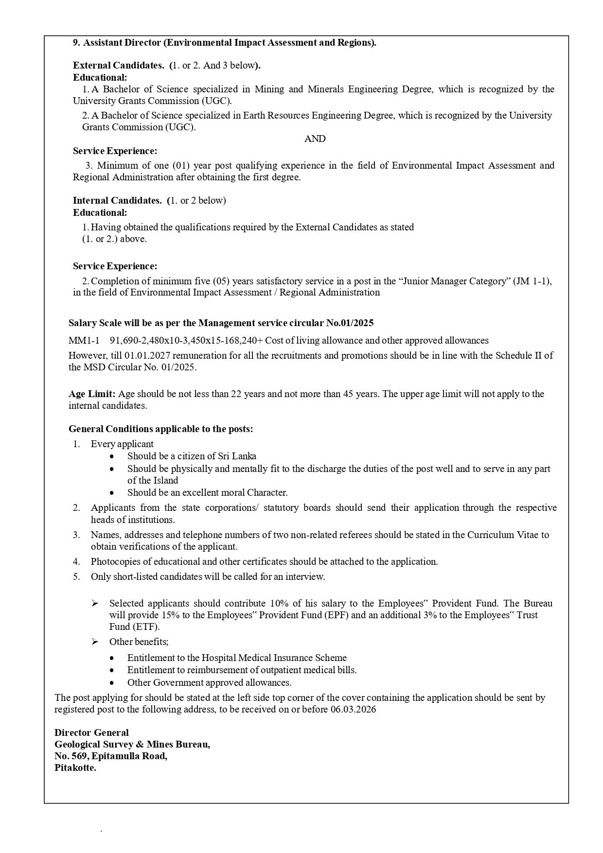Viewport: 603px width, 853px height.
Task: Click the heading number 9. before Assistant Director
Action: [x=76, y=43]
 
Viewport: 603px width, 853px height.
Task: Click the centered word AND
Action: [x=315, y=139]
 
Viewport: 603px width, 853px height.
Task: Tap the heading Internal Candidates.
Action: [x=117, y=201]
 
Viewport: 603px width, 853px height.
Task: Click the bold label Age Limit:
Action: [x=92, y=394]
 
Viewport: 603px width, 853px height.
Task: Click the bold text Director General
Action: [x=91, y=733]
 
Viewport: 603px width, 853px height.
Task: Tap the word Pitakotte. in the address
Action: [x=75, y=768]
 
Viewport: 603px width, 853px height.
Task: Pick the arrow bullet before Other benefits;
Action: [x=95, y=642]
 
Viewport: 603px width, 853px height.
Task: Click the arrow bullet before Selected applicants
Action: [x=95, y=604]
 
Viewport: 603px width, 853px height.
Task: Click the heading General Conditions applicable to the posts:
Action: [x=160, y=429]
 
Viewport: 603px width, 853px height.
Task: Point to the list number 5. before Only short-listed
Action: [x=76, y=577]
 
